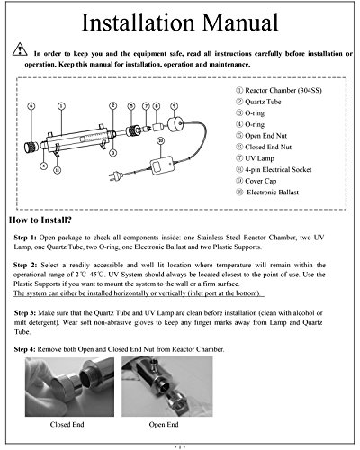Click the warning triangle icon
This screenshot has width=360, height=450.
pos(20,49)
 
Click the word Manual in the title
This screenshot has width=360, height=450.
pos(240,22)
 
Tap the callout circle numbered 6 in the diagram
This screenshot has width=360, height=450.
pos(31,106)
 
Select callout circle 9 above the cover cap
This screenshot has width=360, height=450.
pos(175,106)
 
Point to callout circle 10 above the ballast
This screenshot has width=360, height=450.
pos(161,140)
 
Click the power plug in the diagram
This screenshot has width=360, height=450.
pos(113,177)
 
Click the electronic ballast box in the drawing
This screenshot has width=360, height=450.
pos(162,166)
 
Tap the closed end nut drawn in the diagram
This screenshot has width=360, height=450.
pos(31,147)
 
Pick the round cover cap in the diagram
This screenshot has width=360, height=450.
pos(175,124)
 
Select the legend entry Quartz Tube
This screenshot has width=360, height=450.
pos(258,102)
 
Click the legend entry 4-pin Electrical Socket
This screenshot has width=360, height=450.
pos(274,170)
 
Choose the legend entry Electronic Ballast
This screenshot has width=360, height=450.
pos(267,193)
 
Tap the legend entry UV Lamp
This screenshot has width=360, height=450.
pos(256,158)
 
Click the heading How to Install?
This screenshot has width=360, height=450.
pos(40,220)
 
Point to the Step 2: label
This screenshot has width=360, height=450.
pos(25,265)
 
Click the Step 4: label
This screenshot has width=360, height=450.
pos(25,349)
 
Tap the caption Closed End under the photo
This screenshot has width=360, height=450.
pos(67,425)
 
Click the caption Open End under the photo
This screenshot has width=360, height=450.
pos(164,425)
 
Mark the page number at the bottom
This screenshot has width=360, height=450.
pos(180,447)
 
